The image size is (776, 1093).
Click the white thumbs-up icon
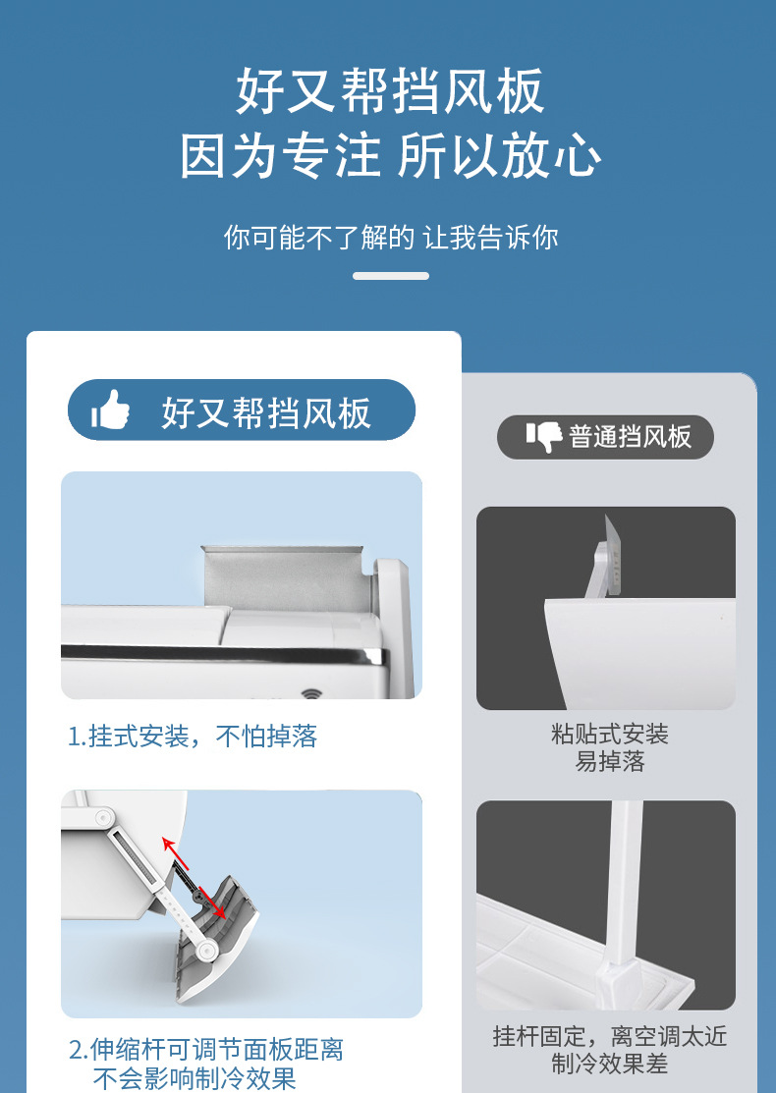click(x=110, y=410)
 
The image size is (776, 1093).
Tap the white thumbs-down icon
click(x=544, y=437)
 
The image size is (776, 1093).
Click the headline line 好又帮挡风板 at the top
click(x=390, y=91)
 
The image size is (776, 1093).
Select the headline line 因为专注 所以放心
click(x=390, y=156)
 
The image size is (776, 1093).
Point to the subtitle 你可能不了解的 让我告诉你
click(x=390, y=237)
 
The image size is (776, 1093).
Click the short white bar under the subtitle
click(x=390, y=276)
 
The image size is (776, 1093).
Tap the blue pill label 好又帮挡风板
click(x=242, y=410)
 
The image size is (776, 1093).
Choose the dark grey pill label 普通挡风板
click(x=605, y=437)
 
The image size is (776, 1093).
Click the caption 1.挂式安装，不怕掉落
click(x=193, y=737)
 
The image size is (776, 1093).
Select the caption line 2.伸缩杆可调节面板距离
click(x=205, y=1049)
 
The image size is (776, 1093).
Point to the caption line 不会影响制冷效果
click(x=194, y=1077)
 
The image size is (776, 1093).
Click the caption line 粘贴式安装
click(x=610, y=734)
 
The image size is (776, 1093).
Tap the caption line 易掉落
click(x=610, y=761)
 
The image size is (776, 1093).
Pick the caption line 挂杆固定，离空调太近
click(x=610, y=1036)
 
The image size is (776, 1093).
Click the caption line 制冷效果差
click(x=610, y=1064)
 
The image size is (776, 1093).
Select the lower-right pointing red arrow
click(x=212, y=902)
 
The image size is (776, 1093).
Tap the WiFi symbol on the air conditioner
click(x=311, y=693)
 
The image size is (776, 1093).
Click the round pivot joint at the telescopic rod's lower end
click(x=205, y=950)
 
